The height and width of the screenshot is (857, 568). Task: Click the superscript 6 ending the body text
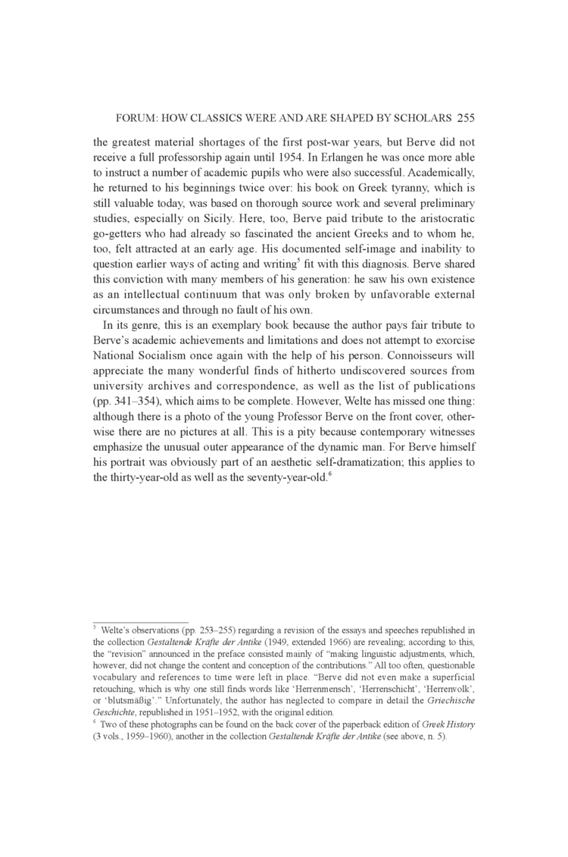pyautogui.click(x=330, y=473)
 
